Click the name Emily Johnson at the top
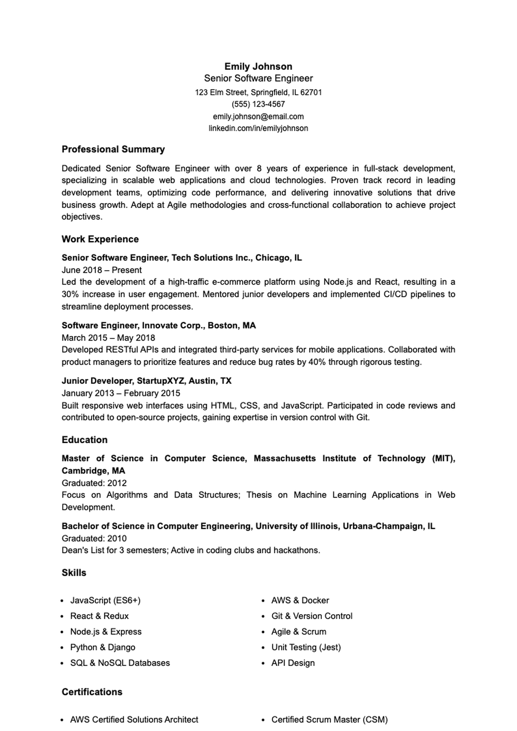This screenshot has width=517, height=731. [258, 66]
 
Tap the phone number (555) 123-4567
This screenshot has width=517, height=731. [258, 104]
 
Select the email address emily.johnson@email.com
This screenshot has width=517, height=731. [258, 116]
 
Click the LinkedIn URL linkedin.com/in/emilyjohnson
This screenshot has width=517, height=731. [258, 128]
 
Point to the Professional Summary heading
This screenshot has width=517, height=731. [113, 149]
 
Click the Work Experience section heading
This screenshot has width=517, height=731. [100, 239]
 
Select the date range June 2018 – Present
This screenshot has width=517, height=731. [102, 270]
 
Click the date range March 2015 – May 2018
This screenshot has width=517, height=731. [108, 338]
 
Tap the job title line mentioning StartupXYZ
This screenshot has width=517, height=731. [146, 381]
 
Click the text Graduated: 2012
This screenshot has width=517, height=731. [94, 483]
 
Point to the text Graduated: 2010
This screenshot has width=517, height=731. [94, 538]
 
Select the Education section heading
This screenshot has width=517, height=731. [84, 440]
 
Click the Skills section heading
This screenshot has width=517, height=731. [74, 573]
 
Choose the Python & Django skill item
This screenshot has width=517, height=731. [103, 647]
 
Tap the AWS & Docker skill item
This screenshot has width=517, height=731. [300, 600]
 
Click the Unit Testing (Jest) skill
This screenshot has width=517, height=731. [306, 647]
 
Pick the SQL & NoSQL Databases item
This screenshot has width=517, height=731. [120, 663]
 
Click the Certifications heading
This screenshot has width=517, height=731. [92, 692]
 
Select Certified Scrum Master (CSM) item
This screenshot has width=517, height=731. [329, 719]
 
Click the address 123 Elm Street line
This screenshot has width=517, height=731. [258, 92]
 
